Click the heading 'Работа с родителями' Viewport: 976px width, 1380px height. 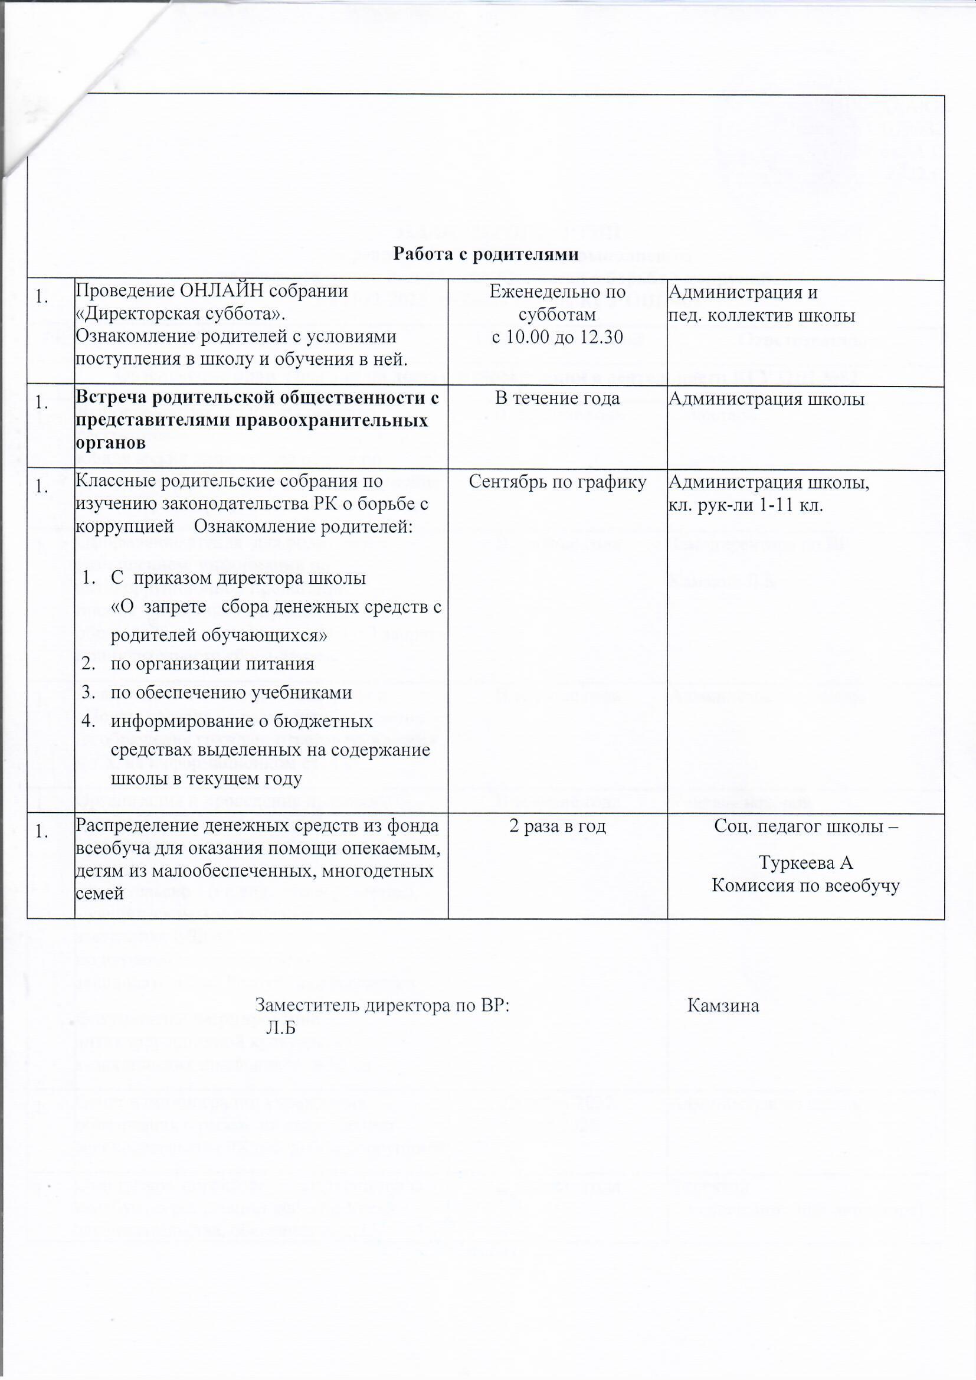486,254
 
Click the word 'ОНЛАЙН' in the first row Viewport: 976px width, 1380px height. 222,292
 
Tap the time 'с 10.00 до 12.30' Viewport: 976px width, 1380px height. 557,337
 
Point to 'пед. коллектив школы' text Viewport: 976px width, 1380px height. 761,315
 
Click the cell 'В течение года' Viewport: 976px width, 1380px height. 557,398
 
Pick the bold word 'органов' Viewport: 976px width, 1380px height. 110,443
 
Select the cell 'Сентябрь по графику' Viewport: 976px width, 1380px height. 557,482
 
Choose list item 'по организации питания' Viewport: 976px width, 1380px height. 212,663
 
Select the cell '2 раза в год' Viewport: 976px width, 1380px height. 557,826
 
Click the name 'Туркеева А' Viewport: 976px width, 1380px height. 806,862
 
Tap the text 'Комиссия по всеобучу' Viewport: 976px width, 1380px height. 805,885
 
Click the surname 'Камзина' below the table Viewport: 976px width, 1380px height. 723,1006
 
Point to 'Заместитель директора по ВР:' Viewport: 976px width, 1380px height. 382,1006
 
